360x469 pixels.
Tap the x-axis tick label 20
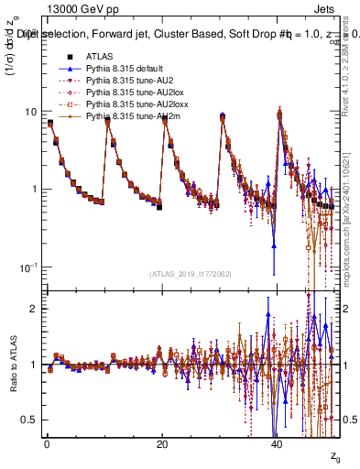pos(162,443)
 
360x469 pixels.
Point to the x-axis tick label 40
pos(277,443)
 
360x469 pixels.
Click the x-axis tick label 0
pos(47,443)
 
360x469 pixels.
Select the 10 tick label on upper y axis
pos(30,112)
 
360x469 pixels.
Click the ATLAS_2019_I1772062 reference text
pos(191,274)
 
